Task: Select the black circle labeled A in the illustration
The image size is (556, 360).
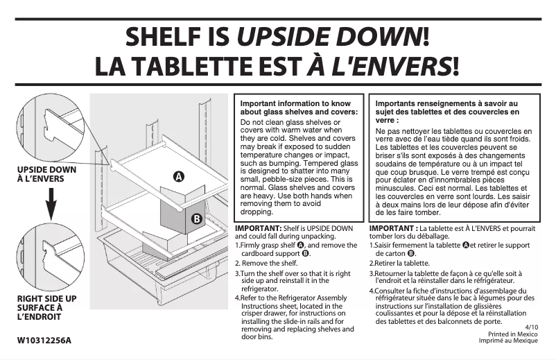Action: point(179,176)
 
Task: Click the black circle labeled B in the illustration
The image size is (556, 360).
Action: point(196,219)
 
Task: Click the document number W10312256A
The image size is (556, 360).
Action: point(44,340)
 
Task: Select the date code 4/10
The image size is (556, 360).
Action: point(531,326)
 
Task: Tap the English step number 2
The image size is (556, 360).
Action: point(237,264)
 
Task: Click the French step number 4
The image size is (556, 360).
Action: point(372,291)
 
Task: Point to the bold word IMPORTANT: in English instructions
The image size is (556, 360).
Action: point(258,228)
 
